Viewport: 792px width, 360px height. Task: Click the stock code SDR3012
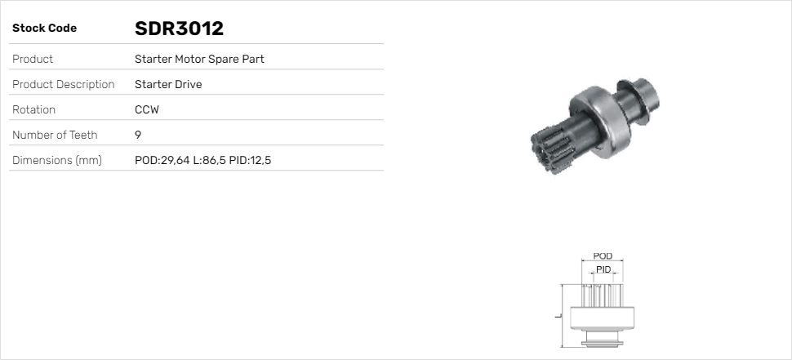coord(179,29)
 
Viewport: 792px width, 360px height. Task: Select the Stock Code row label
coord(44,29)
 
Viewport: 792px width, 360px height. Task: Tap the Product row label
coord(33,59)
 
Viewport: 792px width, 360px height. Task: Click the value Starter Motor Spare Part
coord(199,59)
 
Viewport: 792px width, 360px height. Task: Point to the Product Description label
coord(63,84)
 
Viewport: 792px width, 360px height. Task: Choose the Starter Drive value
coord(168,84)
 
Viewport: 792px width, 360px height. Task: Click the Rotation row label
coord(33,109)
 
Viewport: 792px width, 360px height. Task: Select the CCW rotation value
coord(147,109)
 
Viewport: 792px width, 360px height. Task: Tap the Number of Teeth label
coord(55,135)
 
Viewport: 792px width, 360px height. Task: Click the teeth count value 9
coord(138,135)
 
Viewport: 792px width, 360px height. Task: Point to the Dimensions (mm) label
coord(56,160)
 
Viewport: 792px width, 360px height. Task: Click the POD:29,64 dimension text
coord(162,160)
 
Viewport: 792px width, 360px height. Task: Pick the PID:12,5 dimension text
coord(250,160)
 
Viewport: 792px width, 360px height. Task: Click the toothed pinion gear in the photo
coord(547,146)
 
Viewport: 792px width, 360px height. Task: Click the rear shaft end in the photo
coord(644,91)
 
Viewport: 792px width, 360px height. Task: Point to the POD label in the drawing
coord(603,256)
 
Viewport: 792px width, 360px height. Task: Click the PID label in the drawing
coord(603,269)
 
